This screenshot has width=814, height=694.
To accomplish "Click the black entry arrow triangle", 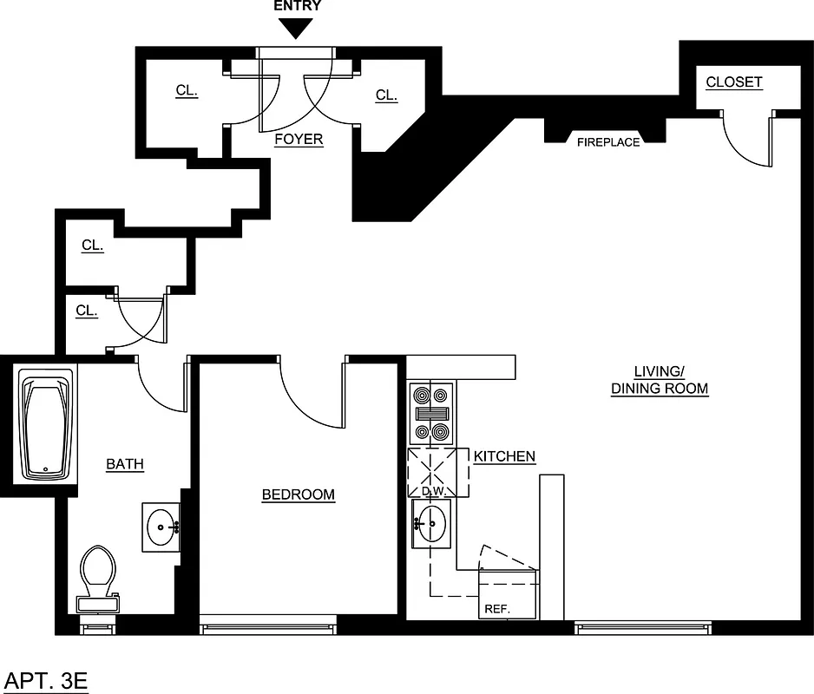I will [x=298, y=28].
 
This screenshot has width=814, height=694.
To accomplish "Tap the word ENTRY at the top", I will [x=298, y=6].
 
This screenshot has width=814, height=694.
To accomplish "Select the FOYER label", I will [x=299, y=139].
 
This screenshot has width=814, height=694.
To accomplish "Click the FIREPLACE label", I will [x=608, y=142].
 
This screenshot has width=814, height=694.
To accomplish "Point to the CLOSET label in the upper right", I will [x=733, y=82].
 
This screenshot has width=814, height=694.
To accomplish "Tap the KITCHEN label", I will [x=504, y=456].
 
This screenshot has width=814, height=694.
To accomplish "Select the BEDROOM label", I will [x=298, y=494].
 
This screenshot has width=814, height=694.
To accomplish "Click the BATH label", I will [x=125, y=464].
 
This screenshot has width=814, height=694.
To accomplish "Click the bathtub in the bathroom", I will [x=48, y=425].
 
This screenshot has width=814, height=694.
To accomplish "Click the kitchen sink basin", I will [x=432, y=523].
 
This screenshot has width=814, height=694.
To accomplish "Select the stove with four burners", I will [x=431, y=414].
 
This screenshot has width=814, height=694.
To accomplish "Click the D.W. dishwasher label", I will [x=432, y=492].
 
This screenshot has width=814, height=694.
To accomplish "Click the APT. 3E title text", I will [x=47, y=680].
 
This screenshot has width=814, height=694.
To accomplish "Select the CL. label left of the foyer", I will [x=187, y=90].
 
